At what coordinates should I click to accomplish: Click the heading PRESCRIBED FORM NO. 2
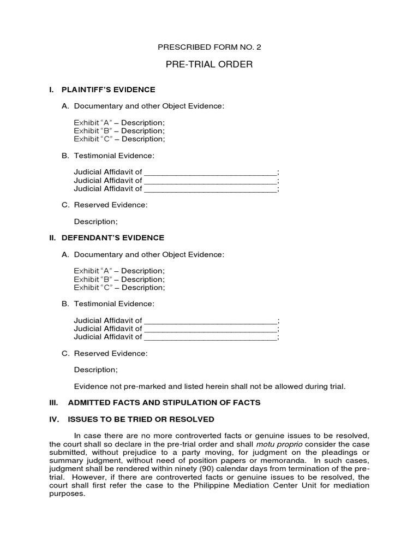click(209, 47)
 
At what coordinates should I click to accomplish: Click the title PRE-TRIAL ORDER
click(209, 64)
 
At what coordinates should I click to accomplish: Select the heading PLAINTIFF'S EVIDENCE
click(108, 90)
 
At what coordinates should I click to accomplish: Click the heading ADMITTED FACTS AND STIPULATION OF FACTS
click(164, 402)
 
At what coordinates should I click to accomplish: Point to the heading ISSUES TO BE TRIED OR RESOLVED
click(141, 419)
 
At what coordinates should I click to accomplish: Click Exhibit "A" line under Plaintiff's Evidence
click(119, 122)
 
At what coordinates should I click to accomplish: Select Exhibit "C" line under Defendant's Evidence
click(119, 287)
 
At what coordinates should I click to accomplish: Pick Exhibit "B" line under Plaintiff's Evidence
click(119, 130)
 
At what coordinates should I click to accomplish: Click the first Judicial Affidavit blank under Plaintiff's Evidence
click(210, 173)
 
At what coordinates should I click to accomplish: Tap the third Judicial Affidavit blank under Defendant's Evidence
click(210, 337)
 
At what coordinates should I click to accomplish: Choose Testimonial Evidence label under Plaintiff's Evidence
click(114, 156)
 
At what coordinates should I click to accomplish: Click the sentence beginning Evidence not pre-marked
click(209, 386)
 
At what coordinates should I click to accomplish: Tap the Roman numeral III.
click(53, 402)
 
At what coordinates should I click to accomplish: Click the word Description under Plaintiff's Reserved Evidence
click(95, 222)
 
